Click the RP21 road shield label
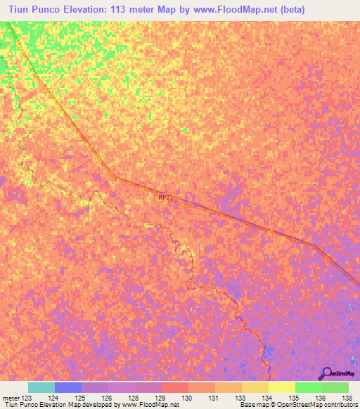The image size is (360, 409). point(165,198)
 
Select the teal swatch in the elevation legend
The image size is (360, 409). point(41,387)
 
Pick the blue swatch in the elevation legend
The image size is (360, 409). point(68,387)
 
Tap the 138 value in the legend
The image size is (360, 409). point(345,398)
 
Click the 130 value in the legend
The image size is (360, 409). point(186,398)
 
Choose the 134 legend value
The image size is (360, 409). point(266,398)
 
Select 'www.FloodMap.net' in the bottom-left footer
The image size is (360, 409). point(150,405)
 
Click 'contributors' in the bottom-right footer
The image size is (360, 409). point(340,405)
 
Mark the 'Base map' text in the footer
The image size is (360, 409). point(252,405)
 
